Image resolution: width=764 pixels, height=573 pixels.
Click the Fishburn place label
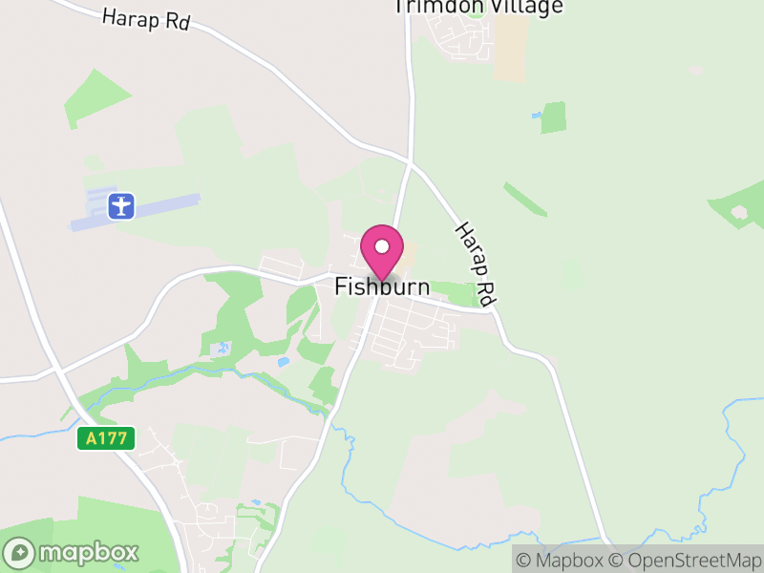point(382,286)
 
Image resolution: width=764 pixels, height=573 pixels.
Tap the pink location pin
point(382,250)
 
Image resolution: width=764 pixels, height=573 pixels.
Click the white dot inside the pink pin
point(382,245)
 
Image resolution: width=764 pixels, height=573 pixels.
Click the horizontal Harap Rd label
point(146,19)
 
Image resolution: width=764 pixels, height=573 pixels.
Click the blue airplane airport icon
point(121,205)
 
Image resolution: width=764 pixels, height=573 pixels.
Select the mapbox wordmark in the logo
point(89,552)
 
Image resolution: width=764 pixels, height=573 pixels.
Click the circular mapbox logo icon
point(20,552)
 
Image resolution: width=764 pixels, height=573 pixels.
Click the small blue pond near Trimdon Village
point(537,115)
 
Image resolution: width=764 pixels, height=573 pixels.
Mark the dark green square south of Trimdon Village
point(553,117)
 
